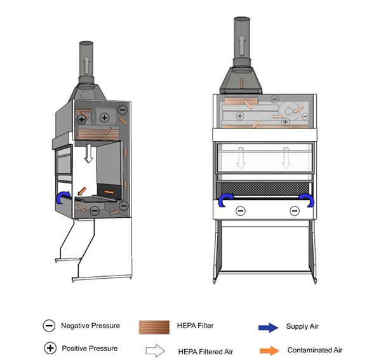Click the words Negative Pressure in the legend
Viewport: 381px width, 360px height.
[90, 326]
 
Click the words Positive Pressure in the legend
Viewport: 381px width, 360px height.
[90, 348]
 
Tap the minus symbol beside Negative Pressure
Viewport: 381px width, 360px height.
[48, 326]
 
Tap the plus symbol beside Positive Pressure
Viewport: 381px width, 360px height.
[48, 349]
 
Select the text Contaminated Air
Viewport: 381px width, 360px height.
[316, 350]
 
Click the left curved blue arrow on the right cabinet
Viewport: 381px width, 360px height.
[225, 201]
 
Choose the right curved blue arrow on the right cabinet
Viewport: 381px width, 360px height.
[307, 201]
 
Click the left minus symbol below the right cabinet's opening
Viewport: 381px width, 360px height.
[241, 211]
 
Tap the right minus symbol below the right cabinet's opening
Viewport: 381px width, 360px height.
[294, 211]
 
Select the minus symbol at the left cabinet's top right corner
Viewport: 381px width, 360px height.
[123, 110]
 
